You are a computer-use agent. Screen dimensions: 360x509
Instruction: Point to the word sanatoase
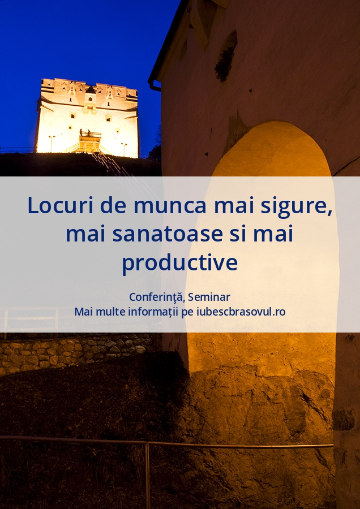coord(168,234)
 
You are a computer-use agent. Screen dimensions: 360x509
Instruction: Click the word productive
coord(179,263)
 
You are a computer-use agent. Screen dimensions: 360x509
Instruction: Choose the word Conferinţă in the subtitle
coord(157,297)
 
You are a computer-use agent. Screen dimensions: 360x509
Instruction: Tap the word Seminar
coord(209,297)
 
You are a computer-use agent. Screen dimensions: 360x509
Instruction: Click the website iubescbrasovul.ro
coord(241,312)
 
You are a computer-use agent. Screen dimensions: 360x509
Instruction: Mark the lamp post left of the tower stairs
coord(52,144)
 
